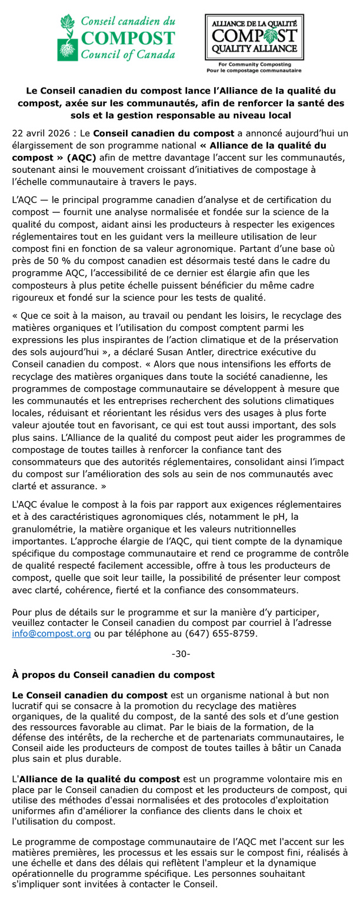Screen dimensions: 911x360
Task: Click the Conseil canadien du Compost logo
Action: [x=116, y=38]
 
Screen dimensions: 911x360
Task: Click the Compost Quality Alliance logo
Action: [x=254, y=38]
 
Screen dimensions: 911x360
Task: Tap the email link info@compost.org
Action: [x=51, y=634]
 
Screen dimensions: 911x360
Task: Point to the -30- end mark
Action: [x=180, y=654]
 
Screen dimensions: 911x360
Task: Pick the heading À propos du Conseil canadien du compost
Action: [x=113, y=675]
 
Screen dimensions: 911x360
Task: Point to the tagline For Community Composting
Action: [x=254, y=64]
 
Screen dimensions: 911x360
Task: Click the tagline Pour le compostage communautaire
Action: [x=254, y=70]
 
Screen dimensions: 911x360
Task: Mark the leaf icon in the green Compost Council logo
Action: [x=68, y=26]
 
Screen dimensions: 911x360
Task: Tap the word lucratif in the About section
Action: [x=31, y=705]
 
